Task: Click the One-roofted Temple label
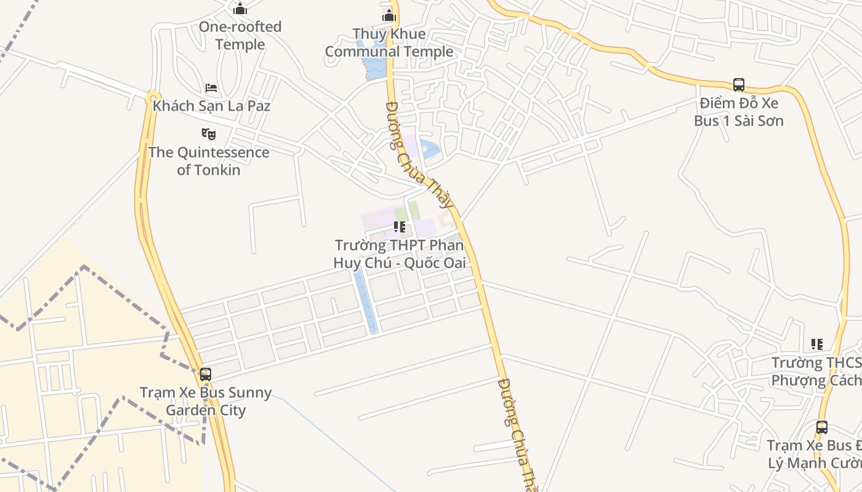(240, 36)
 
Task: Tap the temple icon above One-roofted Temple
(240, 9)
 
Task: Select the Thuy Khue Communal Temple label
(389, 43)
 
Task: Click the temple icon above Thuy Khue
(389, 15)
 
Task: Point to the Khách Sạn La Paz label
(211, 106)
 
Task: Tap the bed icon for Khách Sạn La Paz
(211, 88)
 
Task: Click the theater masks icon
(209, 133)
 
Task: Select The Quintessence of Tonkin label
(209, 161)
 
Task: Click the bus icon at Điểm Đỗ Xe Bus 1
(739, 85)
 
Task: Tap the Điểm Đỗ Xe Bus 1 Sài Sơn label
(739, 112)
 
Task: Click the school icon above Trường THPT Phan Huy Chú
(400, 228)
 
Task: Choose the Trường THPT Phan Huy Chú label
(399, 254)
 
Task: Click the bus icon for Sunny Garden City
(206, 374)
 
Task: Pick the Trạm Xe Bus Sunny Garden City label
(206, 401)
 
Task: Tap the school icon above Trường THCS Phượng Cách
(817, 344)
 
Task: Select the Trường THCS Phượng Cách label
(816, 371)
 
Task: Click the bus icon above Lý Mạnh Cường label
(821, 427)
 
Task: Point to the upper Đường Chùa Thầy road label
(419, 156)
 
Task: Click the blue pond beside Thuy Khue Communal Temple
(373, 61)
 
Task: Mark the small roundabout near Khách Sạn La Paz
(152, 97)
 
